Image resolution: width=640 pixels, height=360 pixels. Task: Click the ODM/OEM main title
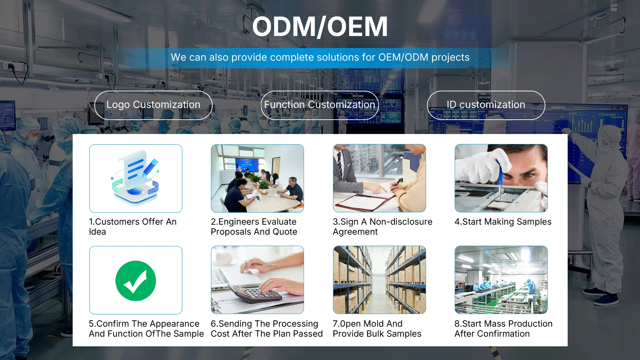click(x=320, y=27)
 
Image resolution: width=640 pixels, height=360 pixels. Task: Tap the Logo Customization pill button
click(x=153, y=105)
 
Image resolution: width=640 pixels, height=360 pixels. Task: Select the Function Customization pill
click(x=320, y=105)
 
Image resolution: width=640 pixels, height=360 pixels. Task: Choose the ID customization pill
click(x=486, y=105)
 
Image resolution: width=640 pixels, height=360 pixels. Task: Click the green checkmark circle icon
click(x=136, y=281)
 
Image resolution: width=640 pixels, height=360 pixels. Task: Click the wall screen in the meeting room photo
click(x=247, y=164)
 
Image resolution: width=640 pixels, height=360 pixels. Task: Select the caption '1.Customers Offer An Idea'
click(x=133, y=227)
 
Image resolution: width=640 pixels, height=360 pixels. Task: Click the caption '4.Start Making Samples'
click(x=503, y=222)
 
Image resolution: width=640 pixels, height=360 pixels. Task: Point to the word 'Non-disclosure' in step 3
click(x=401, y=222)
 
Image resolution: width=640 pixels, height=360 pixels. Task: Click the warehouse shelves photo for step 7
click(x=379, y=280)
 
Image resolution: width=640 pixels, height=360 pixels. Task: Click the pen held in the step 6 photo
click(x=263, y=265)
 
